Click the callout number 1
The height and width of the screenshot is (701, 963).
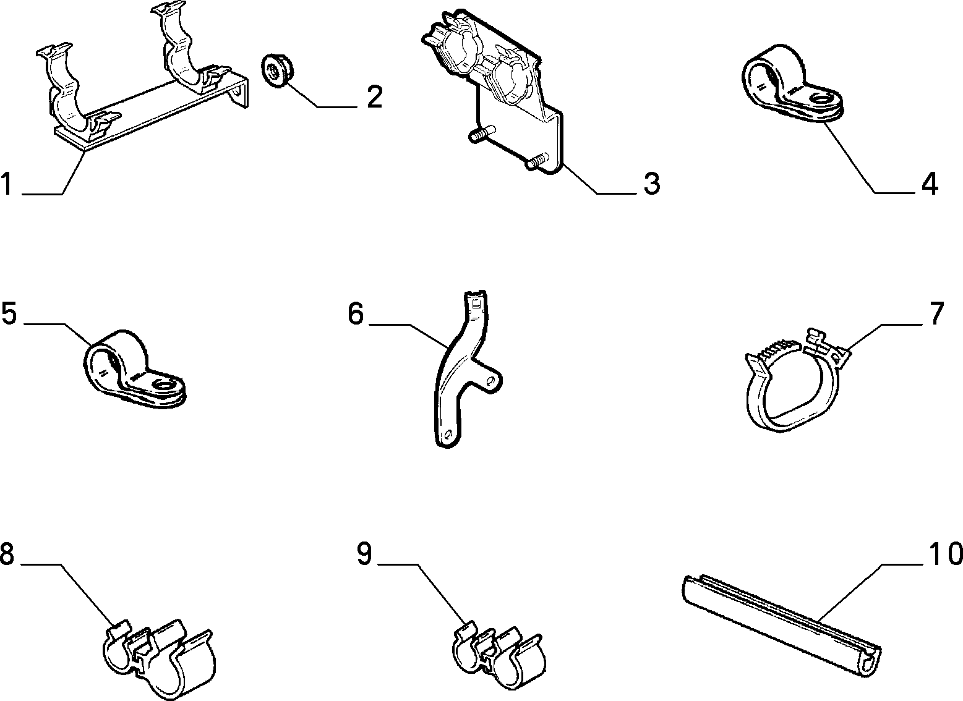pos(6,184)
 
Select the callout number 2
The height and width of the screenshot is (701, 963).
pos(374,96)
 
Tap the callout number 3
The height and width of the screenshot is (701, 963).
pos(652,184)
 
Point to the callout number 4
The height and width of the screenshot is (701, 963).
pos(930,184)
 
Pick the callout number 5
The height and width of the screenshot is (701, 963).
pos(9,313)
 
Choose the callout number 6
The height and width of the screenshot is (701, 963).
pos(356,314)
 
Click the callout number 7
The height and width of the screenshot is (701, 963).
pos(937,313)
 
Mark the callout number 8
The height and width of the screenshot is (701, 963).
pos(7,553)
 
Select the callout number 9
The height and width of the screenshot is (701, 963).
pos(364,553)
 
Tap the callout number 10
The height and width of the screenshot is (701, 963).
pos(946,553)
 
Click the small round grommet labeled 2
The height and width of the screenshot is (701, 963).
pos(277,70)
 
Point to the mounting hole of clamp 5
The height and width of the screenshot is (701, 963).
pos(165,385)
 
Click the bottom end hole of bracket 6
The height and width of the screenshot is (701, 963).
pos(448,435)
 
